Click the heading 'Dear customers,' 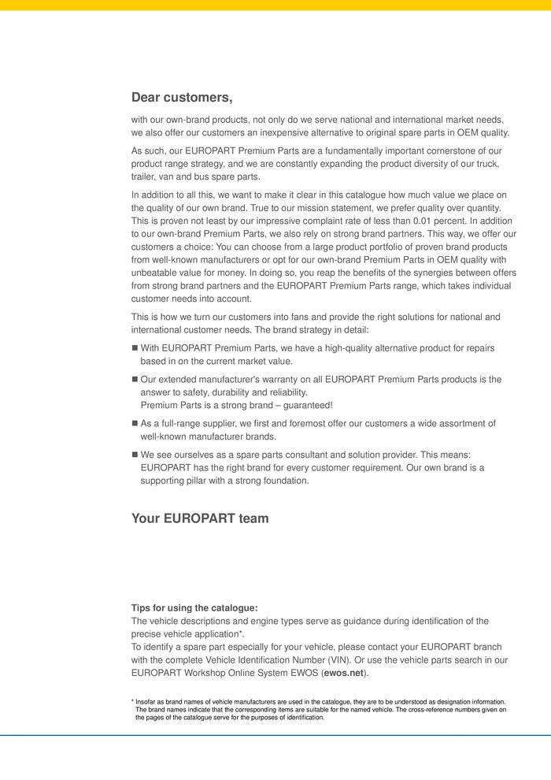click(x=182, y=98)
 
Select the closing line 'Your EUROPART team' click(x=200, y=518)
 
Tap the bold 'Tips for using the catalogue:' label click(x=194, y=608)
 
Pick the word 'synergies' click(x=412, y=272)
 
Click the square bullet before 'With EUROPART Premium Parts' click(x=135, y=347)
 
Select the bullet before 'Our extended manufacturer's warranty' click(x=135, y=379)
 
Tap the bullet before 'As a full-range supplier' click(x=135, y=423)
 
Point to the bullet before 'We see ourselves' click(x=135, y=455)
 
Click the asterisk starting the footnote click(x=132, y=701)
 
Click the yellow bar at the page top click(x=275, y=5)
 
